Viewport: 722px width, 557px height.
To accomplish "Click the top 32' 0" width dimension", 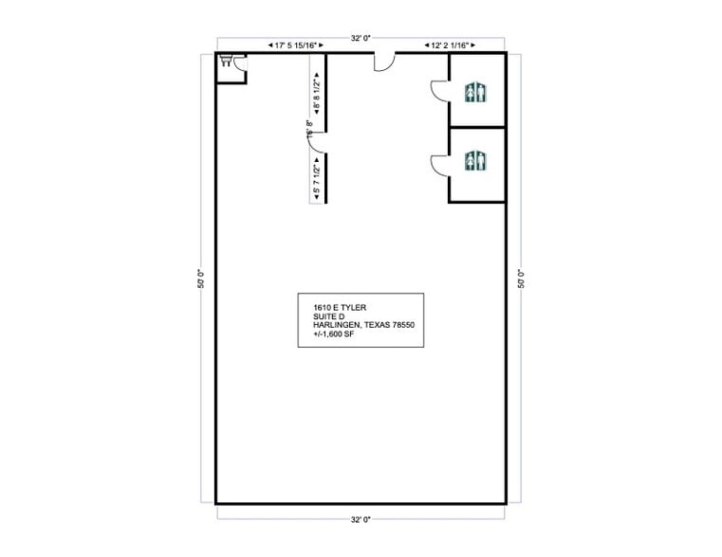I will [x=360, y=38].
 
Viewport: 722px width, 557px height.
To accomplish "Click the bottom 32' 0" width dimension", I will [x=360, y=519].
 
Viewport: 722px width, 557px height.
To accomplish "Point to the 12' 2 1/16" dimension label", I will [x=450, y=45].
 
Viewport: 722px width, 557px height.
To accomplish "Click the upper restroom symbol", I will [x=475, y=92].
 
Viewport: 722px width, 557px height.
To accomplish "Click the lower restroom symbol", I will [x=475, y=162].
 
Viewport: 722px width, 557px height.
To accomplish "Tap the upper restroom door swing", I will [x=440, y=91].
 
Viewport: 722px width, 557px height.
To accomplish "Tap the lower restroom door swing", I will [x=440, y=164].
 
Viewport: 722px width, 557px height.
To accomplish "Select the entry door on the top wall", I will [x=385, y=62].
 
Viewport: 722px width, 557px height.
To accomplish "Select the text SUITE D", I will [x=328, y=316].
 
